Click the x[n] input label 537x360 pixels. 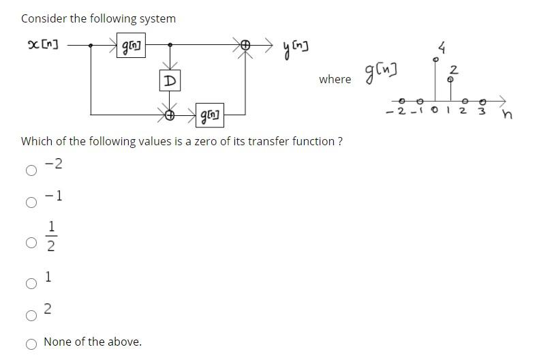tap(42, 45)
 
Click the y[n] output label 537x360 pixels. tap(297, 48)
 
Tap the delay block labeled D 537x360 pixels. tap(170, 81)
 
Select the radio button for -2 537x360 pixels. tap(31, 170)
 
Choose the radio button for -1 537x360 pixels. tap(31, 202)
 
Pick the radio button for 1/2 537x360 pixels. tap(31, 242)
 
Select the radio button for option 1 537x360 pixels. tap(31, 284)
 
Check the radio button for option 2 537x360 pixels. tap(31, 315)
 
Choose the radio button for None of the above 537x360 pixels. tap(31, 344)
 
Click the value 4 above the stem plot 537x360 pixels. tap(442, 48)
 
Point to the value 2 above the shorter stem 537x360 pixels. tap(454, 69)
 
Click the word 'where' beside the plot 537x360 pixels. tap(335, 79)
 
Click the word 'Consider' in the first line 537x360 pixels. tap(44, 18)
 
